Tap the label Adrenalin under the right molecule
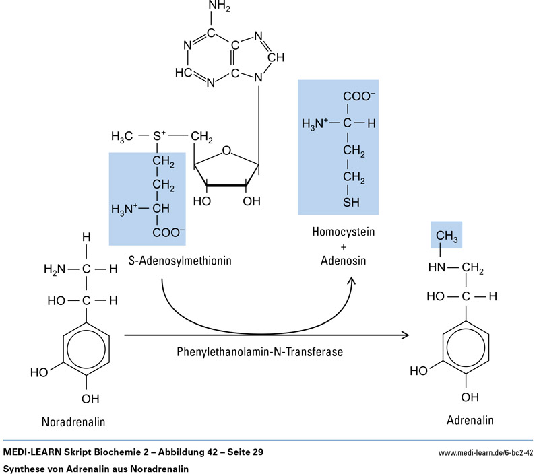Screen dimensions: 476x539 (470, 421)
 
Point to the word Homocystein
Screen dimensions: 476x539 (343, 232)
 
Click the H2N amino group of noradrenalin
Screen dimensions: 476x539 (55, 269)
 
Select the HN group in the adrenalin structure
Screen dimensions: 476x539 (438, 267)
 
